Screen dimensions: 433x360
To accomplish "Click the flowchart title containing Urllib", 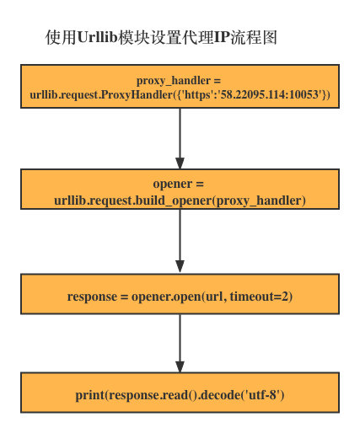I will coord(159,39).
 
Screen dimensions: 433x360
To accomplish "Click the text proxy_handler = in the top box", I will coord(180,79).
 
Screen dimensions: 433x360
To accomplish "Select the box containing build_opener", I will coord(180,191).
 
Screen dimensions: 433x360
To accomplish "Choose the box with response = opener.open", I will coord(180,297).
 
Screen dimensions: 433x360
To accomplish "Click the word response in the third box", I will coord(94,297).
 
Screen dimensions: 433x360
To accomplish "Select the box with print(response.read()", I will coord(180,394).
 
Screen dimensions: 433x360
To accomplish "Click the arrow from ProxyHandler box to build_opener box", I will coord(180,138).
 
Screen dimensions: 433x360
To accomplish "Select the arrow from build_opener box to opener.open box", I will coord(180,244).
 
